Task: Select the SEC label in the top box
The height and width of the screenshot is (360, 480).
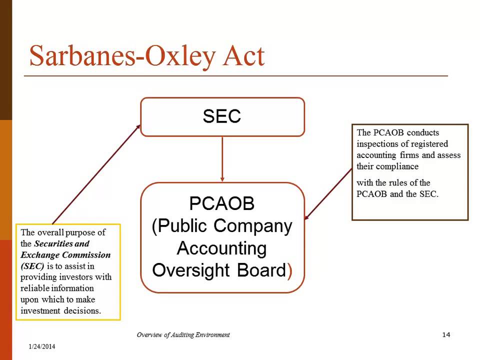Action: click(222, 116)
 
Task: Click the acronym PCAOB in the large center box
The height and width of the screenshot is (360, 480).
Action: click(222, 203)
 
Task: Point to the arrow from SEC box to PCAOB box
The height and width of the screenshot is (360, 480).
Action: click(222, 159)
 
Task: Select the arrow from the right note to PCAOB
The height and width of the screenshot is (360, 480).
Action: click(328, 193)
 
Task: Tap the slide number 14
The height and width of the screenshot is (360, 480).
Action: click(446, 334)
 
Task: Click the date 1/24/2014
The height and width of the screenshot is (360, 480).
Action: click(42, 346)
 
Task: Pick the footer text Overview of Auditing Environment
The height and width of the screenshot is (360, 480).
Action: click(183, 334)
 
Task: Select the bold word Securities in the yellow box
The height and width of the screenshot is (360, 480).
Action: click(53, 243)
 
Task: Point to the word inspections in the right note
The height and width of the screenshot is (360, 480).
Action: click(379, 144)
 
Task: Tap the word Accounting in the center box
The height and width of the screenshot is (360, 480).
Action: click(222, 248)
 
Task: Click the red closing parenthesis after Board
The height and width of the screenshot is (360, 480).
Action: click(289, 270)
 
